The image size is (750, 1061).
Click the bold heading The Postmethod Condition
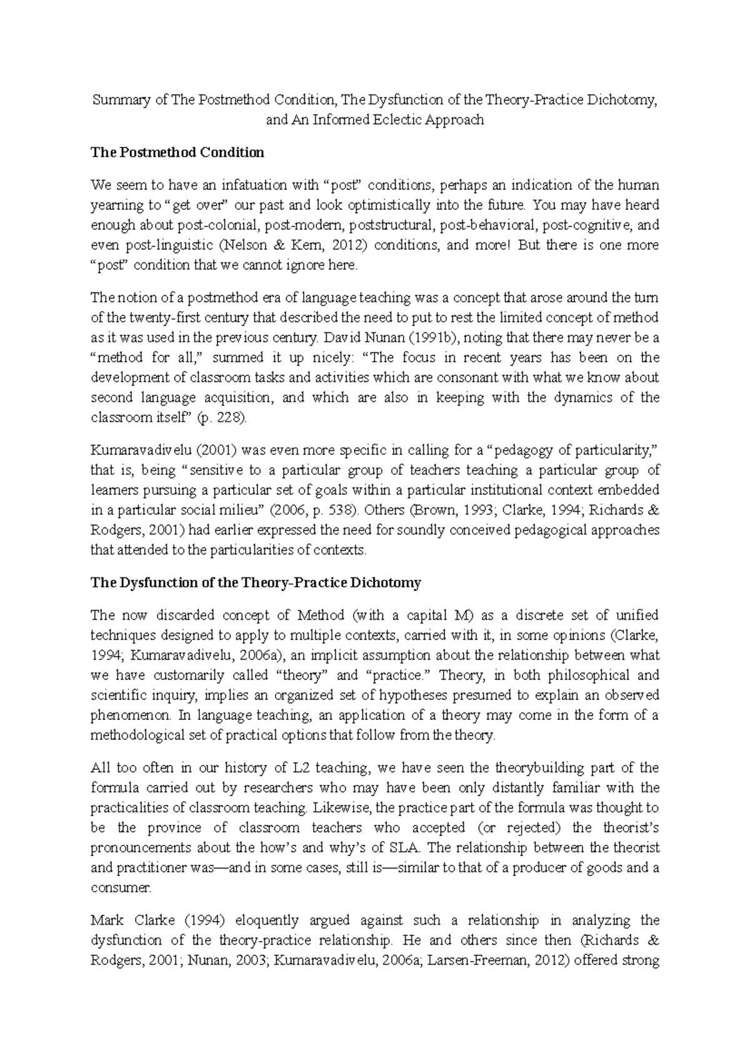click(177, 152)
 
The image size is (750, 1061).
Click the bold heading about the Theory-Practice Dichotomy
click(256, 583)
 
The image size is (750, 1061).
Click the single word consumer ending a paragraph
click(121, 888)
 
